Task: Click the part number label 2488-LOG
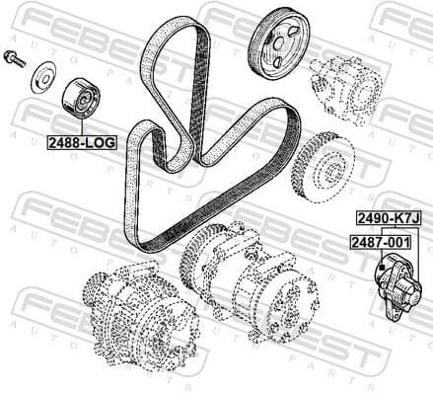click(82, 142)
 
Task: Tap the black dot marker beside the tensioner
click(380, 267)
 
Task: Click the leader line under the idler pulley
click(83, 127)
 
